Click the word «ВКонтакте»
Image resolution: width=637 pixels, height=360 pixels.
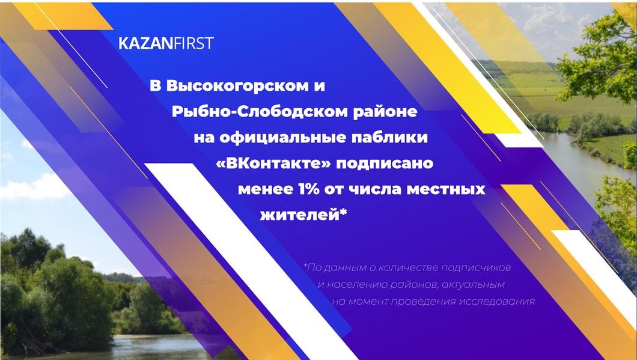(270, 163)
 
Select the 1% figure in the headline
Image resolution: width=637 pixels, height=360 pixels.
(308, 189)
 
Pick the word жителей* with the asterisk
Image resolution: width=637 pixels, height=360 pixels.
(303, 215)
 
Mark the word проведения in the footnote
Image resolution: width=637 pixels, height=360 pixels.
(422, 301)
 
